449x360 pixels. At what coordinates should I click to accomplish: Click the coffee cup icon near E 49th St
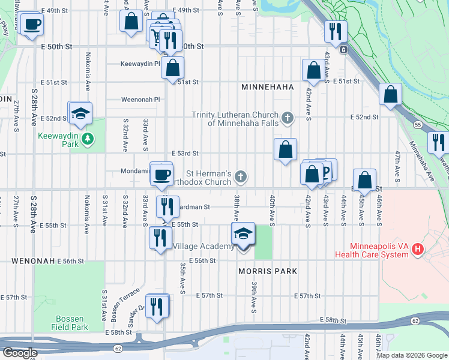click(x=32, y=25)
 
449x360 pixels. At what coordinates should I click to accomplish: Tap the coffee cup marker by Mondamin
click(x=161, y=175)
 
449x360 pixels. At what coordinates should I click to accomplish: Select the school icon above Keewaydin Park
click(x=80, y=113)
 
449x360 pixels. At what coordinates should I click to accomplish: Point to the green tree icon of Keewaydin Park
click(x=88, y=140)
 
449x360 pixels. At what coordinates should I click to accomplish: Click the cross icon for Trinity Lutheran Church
click(x=288, y=118)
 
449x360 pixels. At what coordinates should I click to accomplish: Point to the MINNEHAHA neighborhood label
click(x=267, y=87)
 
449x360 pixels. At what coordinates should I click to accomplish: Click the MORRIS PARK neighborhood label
click(x=268, y=271)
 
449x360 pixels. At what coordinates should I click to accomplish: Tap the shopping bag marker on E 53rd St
click(x=286, y=149)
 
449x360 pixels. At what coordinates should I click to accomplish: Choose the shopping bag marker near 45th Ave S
click(x=364, y=179)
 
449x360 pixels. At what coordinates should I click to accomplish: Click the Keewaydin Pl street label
click(x=140, y=64)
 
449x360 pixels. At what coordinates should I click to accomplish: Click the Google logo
click(x=20, y=353)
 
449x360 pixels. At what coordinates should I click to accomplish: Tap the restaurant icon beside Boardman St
click(x=167, y=206)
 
